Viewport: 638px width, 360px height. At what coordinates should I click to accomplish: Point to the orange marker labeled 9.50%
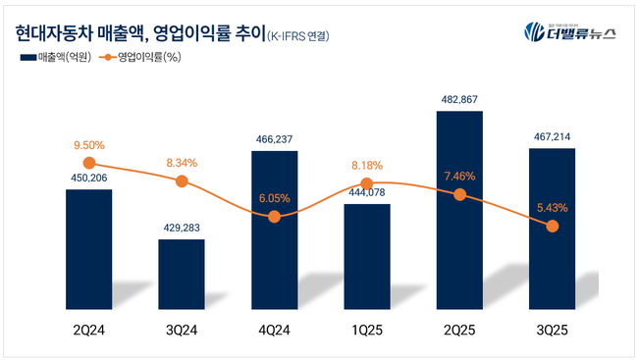pos(89,163)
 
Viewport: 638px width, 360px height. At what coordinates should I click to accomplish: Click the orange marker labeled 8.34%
pos(182,181)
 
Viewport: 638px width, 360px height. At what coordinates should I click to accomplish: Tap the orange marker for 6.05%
pos(274,216)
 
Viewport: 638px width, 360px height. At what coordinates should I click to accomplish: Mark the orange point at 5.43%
pos(552,226)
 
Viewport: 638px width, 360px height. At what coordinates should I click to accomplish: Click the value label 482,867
pos(459,100)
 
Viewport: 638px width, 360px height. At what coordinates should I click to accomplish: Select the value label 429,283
pos(182,229)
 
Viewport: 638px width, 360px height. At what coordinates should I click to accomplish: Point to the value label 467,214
pos(552,138)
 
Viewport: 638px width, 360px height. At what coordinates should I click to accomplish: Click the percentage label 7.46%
pos(459,177)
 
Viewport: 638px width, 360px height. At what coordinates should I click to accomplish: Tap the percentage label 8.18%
pos(366,165)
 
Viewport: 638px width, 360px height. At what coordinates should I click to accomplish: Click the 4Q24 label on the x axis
pos(274,331)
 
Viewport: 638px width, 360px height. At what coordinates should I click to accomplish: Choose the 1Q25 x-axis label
pos(366,331)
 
